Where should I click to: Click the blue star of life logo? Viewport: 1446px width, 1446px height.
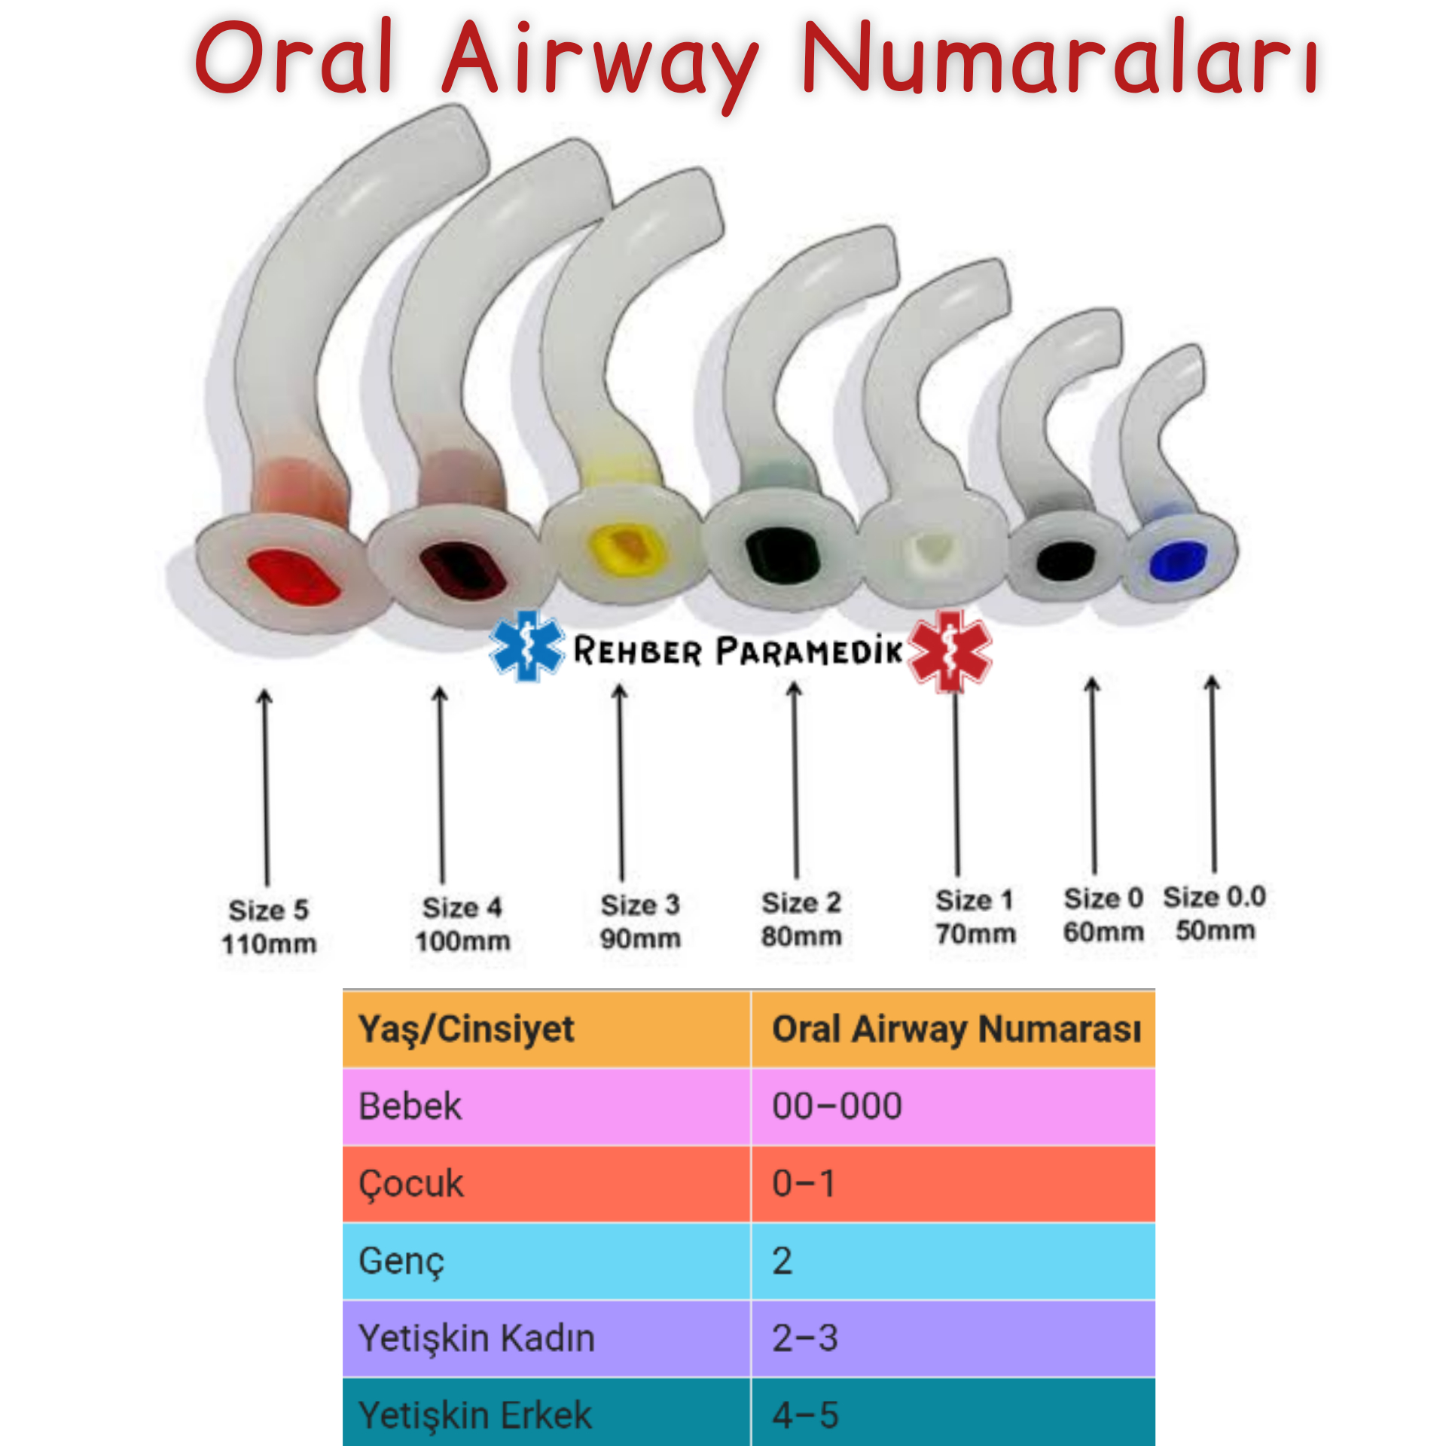coord(526,647)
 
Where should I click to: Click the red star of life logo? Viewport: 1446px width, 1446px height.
coord(950,651)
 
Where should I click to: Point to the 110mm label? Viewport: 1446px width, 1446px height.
coord(269,944)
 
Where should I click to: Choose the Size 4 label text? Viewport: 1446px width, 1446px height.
coord(462,908)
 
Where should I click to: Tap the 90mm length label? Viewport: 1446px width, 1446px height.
coord(640,938)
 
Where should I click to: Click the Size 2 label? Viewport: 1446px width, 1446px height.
coord(801,902)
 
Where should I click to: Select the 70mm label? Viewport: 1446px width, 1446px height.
coord(975,934)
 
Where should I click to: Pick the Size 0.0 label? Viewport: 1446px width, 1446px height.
coord(1214,897)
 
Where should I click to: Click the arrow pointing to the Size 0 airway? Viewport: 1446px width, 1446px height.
coord(1094,776)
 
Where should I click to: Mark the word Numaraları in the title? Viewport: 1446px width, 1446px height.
coord(1058,59)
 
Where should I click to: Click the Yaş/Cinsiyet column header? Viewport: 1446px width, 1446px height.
coord(466,1030)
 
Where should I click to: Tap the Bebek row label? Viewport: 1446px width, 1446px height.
coord(410,1106)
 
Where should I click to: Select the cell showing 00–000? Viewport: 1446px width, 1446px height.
coord(837,1106)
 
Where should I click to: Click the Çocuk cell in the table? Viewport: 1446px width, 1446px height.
coord(411,1184)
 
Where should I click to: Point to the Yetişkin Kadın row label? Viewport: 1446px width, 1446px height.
coord(477,1338)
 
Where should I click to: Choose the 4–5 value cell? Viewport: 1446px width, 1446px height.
coord(805,1415)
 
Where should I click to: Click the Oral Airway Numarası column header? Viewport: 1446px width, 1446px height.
coord(956,1030)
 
